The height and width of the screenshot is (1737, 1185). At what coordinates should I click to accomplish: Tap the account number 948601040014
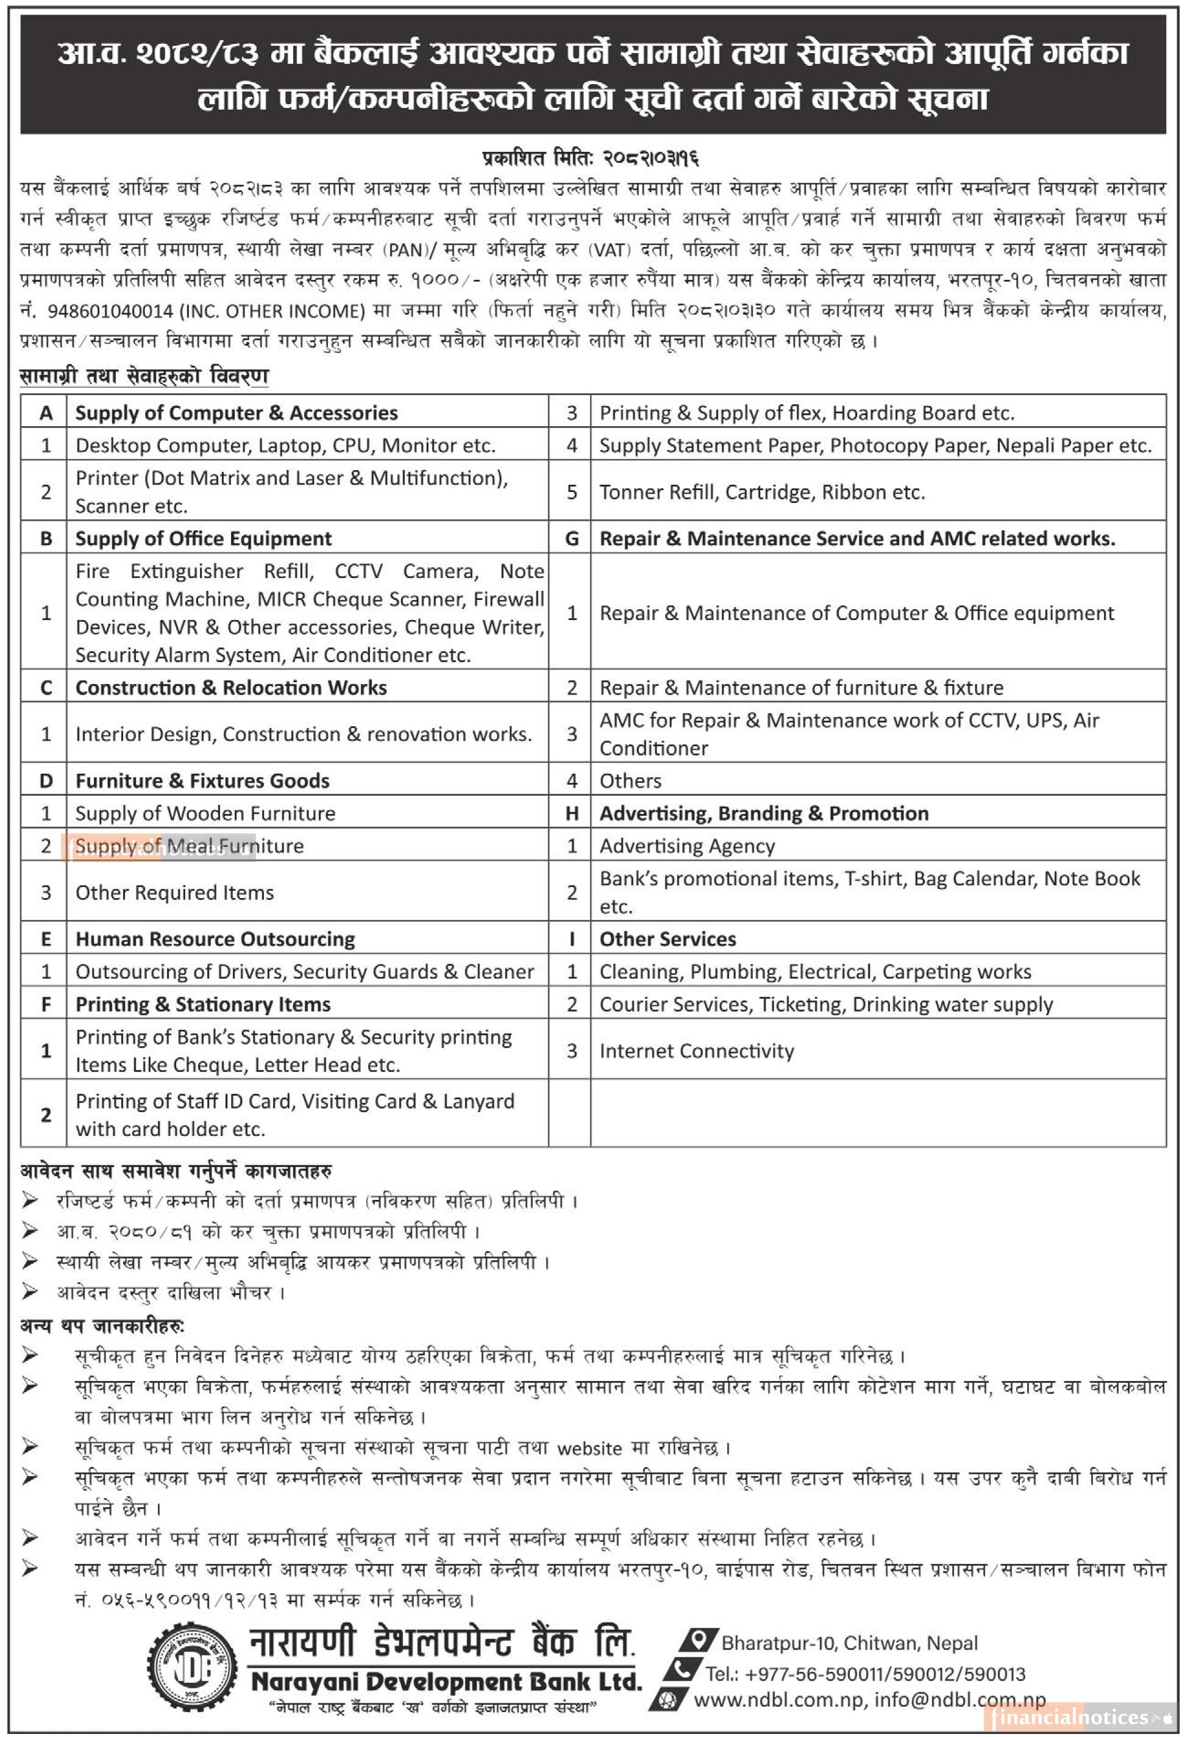tap(110, 311)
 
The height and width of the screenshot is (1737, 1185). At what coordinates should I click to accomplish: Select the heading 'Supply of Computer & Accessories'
tap(236, 413)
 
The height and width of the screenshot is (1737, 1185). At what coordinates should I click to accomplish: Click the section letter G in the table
tap(572, 538)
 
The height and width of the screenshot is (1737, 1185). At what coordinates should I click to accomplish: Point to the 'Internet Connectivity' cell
tap(696, 1051)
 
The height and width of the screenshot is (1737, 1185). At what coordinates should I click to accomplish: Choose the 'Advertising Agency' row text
tap(686, 846)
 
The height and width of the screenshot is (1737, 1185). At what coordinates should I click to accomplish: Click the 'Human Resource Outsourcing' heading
tap(215, 939)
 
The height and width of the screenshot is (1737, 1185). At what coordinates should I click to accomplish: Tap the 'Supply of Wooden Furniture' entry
tap(205, 813)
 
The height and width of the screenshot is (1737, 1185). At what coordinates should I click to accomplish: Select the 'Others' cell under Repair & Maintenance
tap(630, 781)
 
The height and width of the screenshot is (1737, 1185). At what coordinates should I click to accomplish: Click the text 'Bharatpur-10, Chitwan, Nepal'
tap(849, 1643)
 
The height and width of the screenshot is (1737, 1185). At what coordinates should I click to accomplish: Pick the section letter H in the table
tap(572, 813)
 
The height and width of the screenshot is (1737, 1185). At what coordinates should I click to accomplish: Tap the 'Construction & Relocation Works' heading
tap(231, 688)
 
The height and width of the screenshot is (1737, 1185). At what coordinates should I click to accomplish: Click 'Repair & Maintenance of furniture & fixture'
tap(801, 688)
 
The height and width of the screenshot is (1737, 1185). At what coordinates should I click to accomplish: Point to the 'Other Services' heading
tap(667, 939)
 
